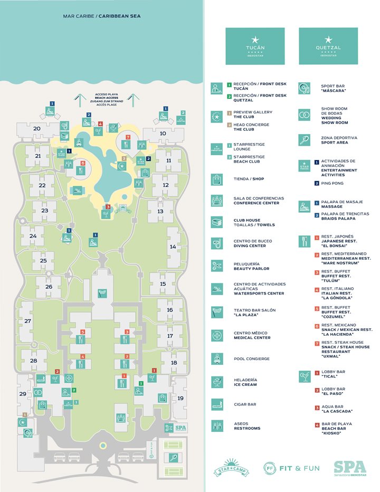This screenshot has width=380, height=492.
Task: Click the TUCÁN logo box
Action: click(x=255, y=46)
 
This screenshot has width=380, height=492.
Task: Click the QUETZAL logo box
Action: click(x=328, y=46)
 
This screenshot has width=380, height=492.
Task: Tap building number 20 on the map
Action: click(x=37, y=128)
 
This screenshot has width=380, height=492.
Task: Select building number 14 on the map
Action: click(x=173, y=247)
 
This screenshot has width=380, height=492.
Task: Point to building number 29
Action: click(x=23, y=394)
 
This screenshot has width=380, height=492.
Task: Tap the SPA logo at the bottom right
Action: click(x=348, y=467)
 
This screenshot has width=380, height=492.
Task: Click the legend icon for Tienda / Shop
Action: click(x=216, y=179)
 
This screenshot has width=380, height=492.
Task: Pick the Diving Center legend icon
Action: click(x=216, y=243)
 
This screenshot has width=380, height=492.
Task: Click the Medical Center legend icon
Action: click(x=216, y=335)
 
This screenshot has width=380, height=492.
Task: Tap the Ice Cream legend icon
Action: click(x=216, y=382)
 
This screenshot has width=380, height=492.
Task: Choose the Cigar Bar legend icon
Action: click(x=216, y=404)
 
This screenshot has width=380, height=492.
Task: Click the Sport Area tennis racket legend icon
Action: click(x=304, y=139)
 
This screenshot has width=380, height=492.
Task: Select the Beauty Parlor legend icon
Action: click(x=216, y=266)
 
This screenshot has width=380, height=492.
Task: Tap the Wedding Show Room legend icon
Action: click(x=304, y=115)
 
